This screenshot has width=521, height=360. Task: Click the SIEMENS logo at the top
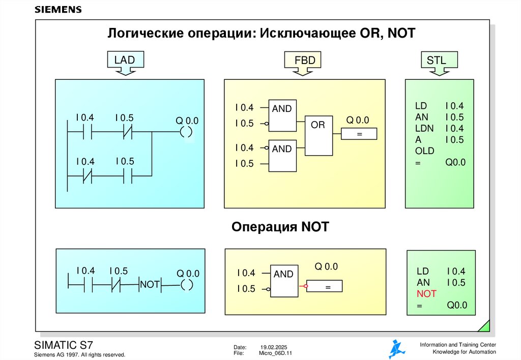(57, 10)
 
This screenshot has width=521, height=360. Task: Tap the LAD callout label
(124, 61)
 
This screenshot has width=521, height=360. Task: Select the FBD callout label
(305, 61)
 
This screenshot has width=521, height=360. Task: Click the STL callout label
(436, 61)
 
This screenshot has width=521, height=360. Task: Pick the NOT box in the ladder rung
(150, 285)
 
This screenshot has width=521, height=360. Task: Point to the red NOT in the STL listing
(426, 294)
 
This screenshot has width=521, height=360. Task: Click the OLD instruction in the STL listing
(424, 151)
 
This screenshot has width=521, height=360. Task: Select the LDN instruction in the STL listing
(424, 129)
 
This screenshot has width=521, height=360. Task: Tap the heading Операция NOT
(280, 227)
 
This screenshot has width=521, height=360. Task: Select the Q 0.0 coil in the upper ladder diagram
(187, 133)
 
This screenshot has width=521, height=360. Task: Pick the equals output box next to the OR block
(359, 134)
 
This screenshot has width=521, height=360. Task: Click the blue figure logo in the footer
(397, 349)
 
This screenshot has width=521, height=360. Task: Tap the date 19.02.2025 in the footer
(274, 346)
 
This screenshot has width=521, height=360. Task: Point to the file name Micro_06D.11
(276, 353)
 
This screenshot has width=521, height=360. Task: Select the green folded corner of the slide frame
(485, 325)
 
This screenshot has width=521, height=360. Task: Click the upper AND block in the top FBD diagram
(282, 114)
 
